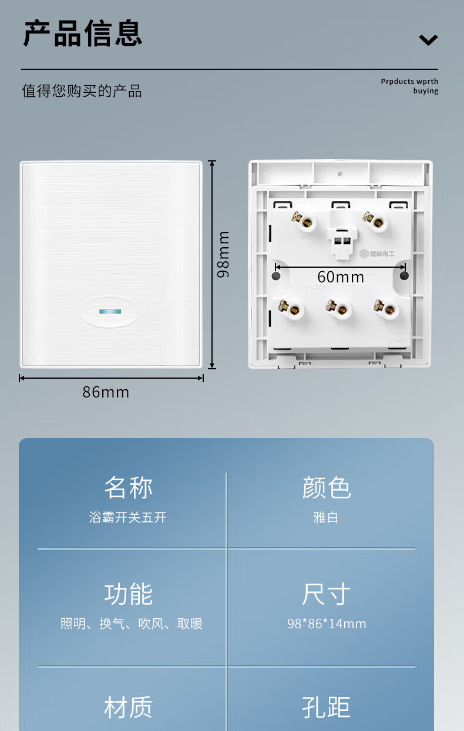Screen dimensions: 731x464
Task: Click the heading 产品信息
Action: (x=83, y=33)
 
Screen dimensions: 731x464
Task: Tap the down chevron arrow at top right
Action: (x=428, y=40)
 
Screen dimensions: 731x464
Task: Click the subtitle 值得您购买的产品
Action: (x=82, y=91)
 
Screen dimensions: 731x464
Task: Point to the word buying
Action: (x=425, y=91)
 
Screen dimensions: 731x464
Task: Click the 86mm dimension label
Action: (x=106, y=392)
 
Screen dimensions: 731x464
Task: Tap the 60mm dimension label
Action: (x=341, y=277)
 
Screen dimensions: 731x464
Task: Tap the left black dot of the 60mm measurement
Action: (x=277, y=275)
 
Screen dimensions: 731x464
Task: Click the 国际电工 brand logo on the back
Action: (x=378, y=254)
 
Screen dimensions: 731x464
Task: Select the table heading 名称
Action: (x=129, y=487)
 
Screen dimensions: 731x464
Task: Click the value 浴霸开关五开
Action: (x=128, y=517)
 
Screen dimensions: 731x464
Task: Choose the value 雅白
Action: (x=325, y=517)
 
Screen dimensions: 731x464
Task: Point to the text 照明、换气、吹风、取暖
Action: (x=132, y=624)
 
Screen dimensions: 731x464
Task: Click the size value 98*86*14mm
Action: (x=326, y=624)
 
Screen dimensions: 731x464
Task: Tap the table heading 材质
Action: (x=129, y=707)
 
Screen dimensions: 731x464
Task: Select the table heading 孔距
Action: (x=326, y=707)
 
